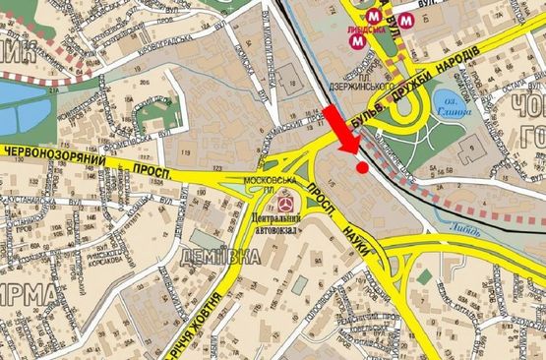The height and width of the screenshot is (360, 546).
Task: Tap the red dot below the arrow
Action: (x=362, y=167)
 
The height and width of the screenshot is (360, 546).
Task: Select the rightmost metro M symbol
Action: (x=405, y=19)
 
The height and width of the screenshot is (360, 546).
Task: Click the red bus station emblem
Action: (x=283, y=202)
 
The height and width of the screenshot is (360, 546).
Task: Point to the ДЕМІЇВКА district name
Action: (x=220, y=258)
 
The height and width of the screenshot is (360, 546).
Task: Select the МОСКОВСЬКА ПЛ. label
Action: (x=271, y=182)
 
